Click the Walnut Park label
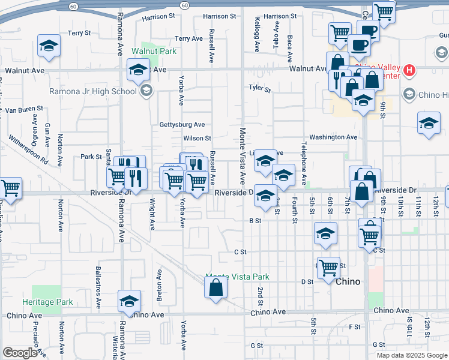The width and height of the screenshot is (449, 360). [154, 52]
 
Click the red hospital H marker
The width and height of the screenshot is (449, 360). [410, 71]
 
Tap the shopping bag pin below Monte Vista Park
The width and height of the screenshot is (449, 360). [215, 287]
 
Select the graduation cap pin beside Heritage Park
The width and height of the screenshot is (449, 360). [129, 302]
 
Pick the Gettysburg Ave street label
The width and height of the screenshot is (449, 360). [182, 125]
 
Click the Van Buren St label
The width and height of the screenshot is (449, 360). [24, 110]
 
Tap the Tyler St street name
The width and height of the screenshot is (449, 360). [260, 88]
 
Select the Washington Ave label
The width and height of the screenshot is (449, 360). [333, 137]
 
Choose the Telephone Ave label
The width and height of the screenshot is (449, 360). [304, 163]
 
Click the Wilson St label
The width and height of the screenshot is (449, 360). [197, 139]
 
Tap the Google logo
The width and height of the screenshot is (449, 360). [20, 353]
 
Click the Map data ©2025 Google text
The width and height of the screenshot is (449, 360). [411, 355]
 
